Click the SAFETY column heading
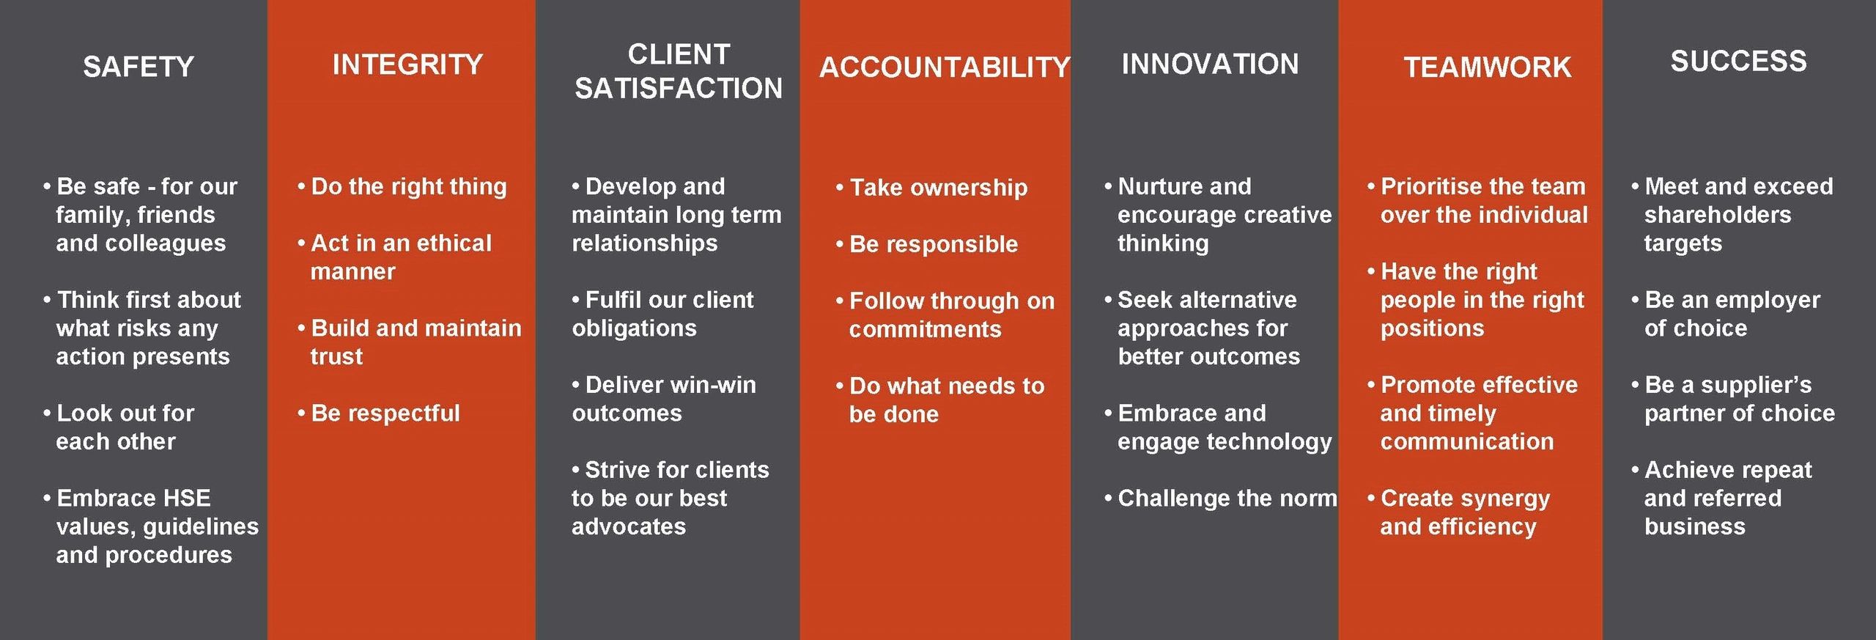click(x=138, y=67)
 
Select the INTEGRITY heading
click(x=407, y=65)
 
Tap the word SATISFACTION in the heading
click(x=678, y=89)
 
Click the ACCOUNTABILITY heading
click(x=944, y=67)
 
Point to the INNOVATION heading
click(x=1209, y=65)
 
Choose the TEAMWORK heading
click(x=1487, y=67)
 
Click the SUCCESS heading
click(x=1738, y=62)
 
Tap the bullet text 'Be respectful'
click(x=385, y=413)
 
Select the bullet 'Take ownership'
click(x=938, y=188)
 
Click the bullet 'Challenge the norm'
click(x=1227, y=499)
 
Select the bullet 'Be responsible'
click(x=933, y=244)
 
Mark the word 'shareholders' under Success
click(x=1717, y=215)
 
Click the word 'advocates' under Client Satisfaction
click(x=629, y=527)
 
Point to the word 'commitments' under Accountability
click(x=925, y=330)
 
